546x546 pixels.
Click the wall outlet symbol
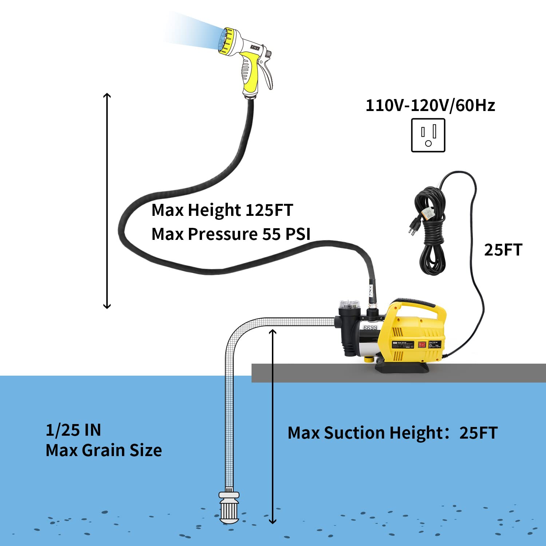[x=428, y=135]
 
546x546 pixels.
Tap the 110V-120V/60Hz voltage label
[x=430, y=106]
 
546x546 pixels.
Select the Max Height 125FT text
[x=222, y=210]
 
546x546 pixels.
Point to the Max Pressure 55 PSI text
[x=231, y=234]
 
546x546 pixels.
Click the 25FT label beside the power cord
[x=503, y=250]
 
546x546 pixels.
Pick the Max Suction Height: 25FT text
[x=392, y=433]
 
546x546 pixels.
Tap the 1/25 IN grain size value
[x=73, y=430]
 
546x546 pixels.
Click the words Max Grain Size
[x=104, y=451]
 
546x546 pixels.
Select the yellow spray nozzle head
[x=226, y=41]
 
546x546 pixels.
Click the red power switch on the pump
[x=422, y=344]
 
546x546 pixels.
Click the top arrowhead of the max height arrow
[x=107, y=95]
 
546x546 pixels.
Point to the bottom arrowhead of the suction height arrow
[x=272, y=521]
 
